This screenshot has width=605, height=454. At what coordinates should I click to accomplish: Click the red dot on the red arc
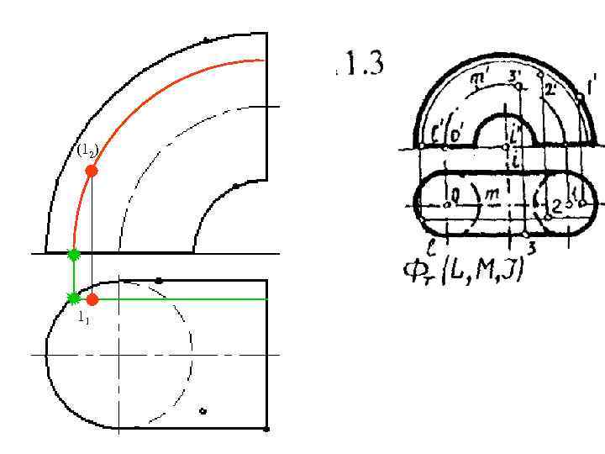coord(92,171)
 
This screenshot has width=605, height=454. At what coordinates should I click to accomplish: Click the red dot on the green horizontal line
coord(92,299)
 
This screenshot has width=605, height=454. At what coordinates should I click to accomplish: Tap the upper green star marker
coord(74,254)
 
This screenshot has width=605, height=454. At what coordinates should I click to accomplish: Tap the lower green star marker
coord(74,297)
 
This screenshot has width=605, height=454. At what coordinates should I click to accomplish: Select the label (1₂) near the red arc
coord(88,151)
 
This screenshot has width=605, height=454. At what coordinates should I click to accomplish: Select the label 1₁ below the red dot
coord(83,318)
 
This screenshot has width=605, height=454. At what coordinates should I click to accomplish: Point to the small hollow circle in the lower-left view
coord(203,411)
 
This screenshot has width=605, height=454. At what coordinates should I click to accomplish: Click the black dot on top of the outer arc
coord(206,40)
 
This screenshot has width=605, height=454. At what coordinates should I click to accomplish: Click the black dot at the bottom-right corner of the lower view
coord(266,429)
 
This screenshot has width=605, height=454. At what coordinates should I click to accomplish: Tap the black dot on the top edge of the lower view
coord(159,280)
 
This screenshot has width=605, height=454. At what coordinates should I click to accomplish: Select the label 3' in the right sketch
coord(515,77)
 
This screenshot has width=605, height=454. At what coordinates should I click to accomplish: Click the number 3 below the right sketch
coord(531,246)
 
